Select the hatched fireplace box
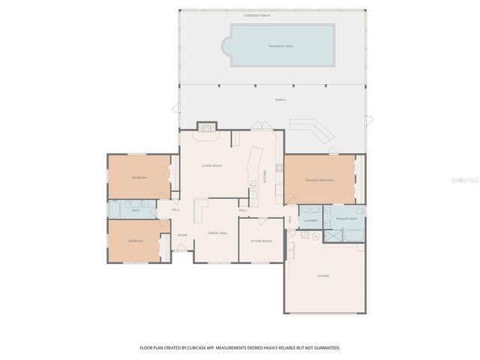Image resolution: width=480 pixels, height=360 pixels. pos(207,127)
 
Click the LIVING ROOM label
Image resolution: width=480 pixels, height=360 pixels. pos(211,165)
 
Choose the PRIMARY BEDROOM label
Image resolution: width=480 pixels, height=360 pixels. pos(319,181)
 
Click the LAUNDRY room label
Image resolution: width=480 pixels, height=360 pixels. pos(311,220)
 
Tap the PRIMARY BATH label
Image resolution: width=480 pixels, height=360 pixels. pos(346,219)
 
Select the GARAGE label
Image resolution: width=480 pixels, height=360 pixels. pos(323,276)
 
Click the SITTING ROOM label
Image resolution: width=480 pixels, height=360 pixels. pos(261,241)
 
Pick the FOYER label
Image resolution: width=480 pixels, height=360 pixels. pos(182,235)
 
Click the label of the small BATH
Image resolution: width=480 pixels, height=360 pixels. pos(136,210)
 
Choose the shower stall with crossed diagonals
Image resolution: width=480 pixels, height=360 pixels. pos(331,235)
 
